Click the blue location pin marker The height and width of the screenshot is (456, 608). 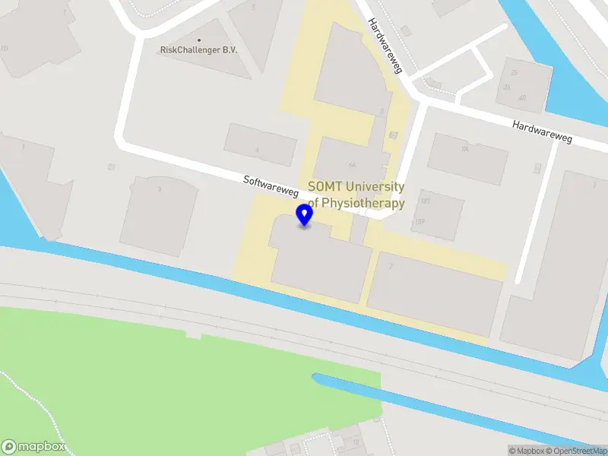pos(305,215)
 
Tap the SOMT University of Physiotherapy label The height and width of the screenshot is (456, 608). pos(356,195)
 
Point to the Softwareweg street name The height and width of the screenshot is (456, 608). pos(271,187)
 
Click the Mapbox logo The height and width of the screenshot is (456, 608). pos(33,447)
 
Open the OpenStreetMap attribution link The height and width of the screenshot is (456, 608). pos(575,451)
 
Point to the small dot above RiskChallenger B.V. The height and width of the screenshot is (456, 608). pos(199,40)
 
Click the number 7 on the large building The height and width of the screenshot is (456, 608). pos(391,266)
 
